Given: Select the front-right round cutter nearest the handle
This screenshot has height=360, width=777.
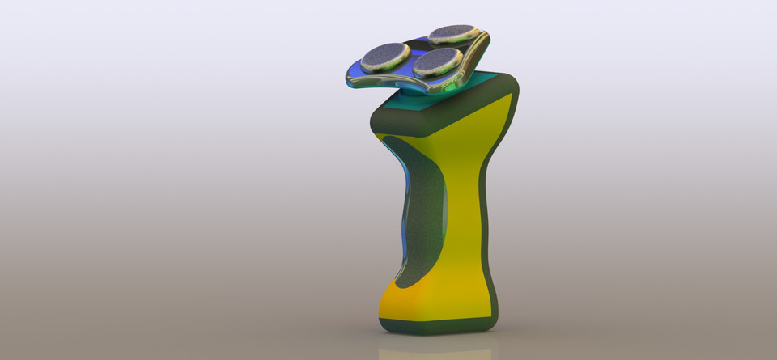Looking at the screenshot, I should (x=437, y=60).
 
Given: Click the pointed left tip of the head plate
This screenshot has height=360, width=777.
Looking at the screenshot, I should (x=348, y=78).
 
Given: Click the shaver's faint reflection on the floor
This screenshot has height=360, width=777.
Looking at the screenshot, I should (x=437, y=353).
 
